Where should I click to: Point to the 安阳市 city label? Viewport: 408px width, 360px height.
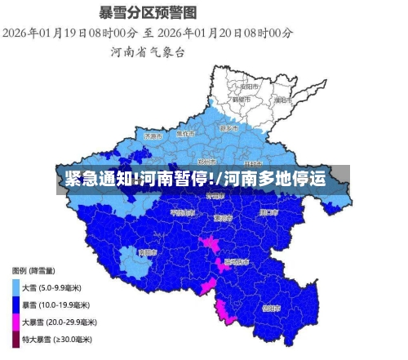250,86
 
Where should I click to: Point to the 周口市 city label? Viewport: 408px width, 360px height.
268,211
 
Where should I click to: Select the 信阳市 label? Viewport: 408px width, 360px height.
272,309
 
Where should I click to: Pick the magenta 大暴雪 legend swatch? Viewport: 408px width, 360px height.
16,322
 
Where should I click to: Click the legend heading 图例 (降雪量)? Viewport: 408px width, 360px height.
34,270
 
